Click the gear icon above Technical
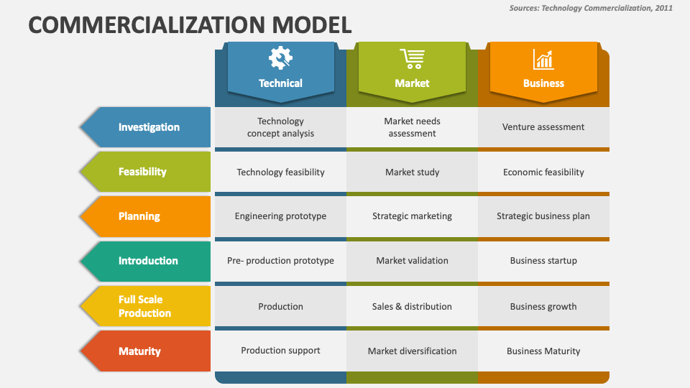(280, 58)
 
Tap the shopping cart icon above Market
(413, 59)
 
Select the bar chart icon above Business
(543, 60)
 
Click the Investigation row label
(146, 127)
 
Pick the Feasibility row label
(146, 172)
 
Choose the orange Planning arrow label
(146, 216)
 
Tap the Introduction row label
(146, 261)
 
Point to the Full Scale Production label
(146, 306)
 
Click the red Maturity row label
(146, 351)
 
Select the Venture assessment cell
(543, 127)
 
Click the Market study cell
(413, 172)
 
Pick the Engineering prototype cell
(281, 216)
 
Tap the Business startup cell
(543, 260)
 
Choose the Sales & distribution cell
(413, 306)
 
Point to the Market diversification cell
(413, 351)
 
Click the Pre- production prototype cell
(281, 260)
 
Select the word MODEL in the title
(311, 24)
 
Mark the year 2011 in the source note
(664, 8)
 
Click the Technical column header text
(280, 83)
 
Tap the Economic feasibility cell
(543, 172)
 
